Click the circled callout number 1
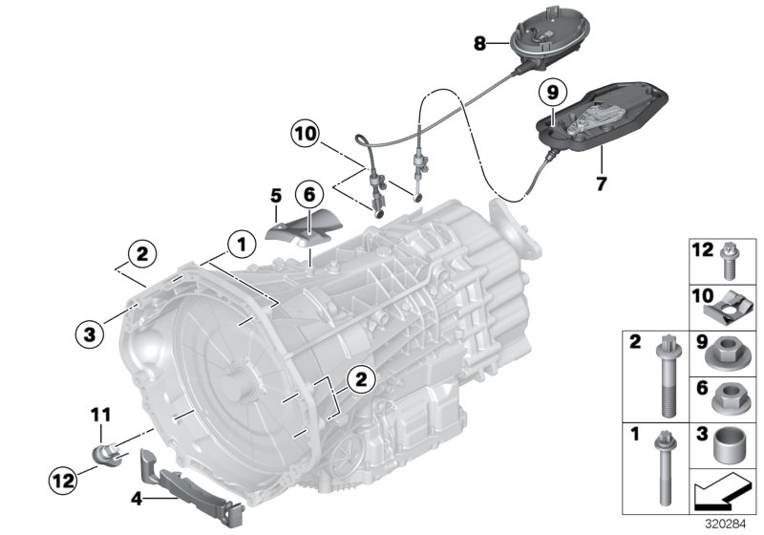point(242,246)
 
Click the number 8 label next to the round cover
point(479,42)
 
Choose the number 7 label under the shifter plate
point(601,182)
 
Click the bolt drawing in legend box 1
point(661,472)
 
